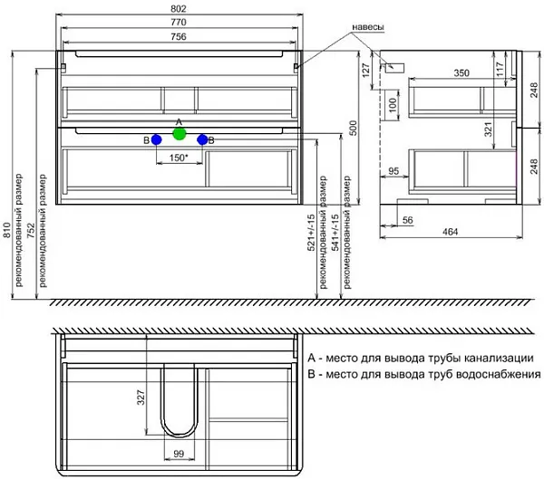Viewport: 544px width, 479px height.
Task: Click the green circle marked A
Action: (180, 134)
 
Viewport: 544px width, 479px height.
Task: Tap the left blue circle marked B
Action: (157, 139)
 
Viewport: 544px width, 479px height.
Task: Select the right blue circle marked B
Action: (202, 139)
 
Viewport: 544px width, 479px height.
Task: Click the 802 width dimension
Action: (179, 9)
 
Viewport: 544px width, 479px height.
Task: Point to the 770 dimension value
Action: (179, 22)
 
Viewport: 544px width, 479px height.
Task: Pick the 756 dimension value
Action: (179, 36)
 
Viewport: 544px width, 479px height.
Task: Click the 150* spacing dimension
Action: (179, 158)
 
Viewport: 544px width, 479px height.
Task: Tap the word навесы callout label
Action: (368, 27)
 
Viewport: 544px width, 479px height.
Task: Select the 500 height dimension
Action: (353, 128)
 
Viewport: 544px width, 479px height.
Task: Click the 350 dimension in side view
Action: (461, 73)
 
